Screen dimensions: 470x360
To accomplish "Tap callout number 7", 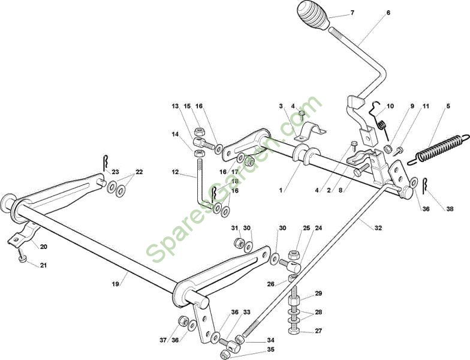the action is point(352,13).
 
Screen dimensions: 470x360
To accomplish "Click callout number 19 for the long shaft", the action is point(115,283).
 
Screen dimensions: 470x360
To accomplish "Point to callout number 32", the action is point(378,228).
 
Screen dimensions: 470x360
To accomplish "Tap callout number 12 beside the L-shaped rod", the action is point(175,172).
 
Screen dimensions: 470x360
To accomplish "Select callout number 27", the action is point(318,331).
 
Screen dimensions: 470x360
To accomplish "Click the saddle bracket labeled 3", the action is point(309,131).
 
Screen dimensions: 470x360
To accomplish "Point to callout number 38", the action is point(450,209).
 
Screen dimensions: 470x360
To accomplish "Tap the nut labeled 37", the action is point(182,321).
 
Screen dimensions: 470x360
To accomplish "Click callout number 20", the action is point(43,247).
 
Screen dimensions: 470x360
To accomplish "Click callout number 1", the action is point(281,190).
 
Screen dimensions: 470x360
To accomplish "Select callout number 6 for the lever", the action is point(388,13).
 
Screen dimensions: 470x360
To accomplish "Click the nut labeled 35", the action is point(225,355).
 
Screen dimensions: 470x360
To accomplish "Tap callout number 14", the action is point(175,134).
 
